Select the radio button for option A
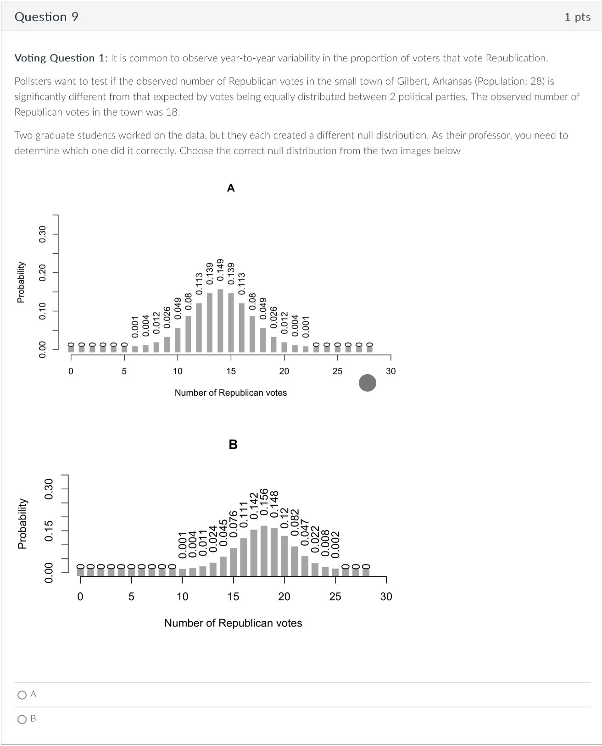(22, 695)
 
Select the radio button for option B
(22, 719)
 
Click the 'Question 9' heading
(46, 17)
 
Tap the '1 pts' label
(577, 17)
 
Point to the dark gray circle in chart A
(367, 382)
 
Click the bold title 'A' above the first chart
(231, 188)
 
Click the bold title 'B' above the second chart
(233, 444)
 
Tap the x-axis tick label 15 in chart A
(231, 371)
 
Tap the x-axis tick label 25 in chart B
(335, 597)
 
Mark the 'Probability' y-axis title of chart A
(21, 282)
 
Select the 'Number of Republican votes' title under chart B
(233, 623)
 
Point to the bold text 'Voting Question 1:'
(61, 58)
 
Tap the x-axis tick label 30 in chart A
(390, 371)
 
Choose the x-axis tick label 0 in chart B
(80, 597)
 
